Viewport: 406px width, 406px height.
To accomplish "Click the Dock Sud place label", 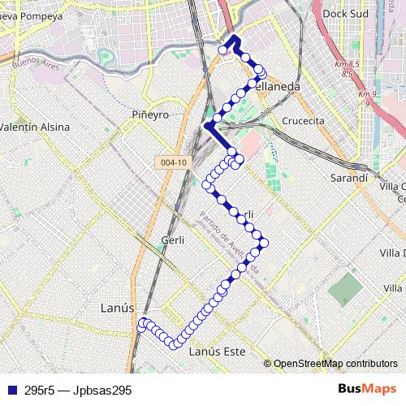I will pos(346,14).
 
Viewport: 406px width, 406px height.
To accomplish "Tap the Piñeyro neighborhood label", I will pos(150,115).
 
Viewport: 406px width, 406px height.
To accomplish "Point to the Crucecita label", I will pos(303,120).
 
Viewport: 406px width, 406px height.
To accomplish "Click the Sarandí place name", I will pos(351,177).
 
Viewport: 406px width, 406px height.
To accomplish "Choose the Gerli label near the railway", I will pos(174,240).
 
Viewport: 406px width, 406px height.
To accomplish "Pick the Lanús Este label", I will pos(217,352).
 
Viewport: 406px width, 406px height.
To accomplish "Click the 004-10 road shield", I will pos(174,162).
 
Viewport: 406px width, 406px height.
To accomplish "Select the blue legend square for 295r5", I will pos(11,390).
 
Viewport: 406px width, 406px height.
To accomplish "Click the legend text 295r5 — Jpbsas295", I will pos(78,390).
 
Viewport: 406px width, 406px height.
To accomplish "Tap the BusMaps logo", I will pos(366,389).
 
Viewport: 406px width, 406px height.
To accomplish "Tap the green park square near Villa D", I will pos(348,287).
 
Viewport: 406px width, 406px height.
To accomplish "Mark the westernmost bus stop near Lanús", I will pos(142,325).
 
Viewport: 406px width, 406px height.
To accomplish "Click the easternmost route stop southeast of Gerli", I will pos(263,243).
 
